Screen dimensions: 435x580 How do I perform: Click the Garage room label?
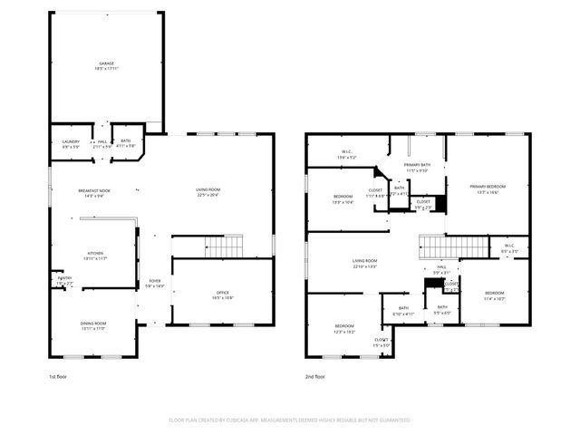[107, 66]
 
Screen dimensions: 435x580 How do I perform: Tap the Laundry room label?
[71, 143]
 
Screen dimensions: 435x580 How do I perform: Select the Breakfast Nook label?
[94, 193]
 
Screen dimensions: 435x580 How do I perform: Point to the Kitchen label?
[94, 256]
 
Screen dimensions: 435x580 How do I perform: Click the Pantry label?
[63, 281]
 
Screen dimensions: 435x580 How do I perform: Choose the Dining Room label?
[94, 325]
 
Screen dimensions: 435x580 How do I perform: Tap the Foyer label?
[155, 284]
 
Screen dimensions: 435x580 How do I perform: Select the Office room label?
[222, 295]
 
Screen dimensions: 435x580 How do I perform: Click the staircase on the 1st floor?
[223, 246]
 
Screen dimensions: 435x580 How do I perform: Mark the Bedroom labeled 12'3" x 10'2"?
[344, 328]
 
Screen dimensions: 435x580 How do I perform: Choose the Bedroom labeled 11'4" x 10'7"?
[494, 295]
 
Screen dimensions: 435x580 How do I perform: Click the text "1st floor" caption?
[59, 376]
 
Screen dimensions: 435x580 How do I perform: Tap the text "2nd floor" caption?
[315, 376]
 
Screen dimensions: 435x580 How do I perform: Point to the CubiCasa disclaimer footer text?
[289, 420]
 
